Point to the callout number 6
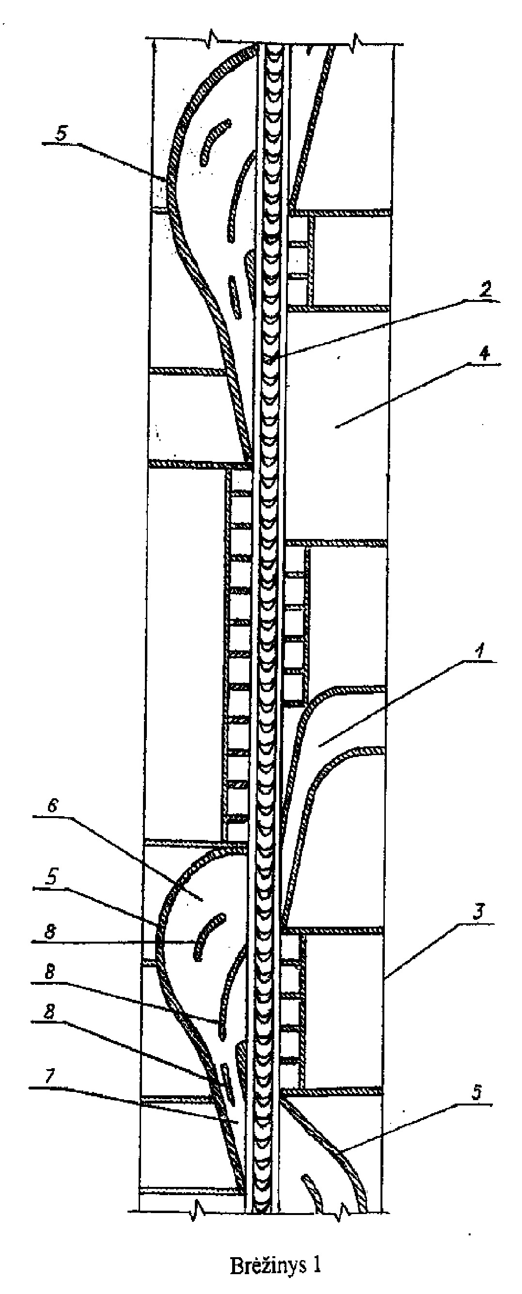[x=52, y=806]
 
